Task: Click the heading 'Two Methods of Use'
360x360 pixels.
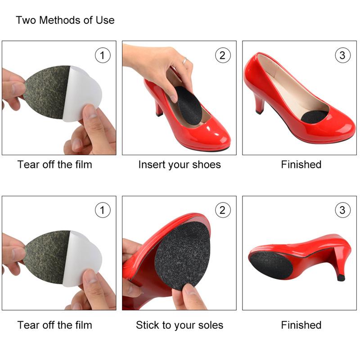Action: pyautogui.click(x=65, y=20)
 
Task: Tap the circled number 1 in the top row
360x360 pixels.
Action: pyautogui.click(x=103, y=55)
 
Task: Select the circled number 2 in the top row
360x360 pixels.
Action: pyautogui.click(x=222, y=55)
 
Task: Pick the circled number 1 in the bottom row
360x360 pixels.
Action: pyautogui.click(x=103, y=210)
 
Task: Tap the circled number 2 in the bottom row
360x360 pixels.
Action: pyautogui.click(x=222, y=210)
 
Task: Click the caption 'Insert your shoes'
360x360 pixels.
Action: pyautogui.click(x=180, y=165)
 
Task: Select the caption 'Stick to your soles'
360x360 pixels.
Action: pyautogui.click(x=180, y=325)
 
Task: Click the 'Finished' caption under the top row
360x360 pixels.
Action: pyautogui.click(x=301, y=165)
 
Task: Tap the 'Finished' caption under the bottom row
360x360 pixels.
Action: pyautogui.click(x=301, y=325)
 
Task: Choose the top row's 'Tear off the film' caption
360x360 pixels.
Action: pyautogui.click(x=55, y=165)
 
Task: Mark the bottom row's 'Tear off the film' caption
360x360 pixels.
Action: pyautogui.click(x=55, y=325)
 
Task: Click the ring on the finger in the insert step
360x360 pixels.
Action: pyautogui.click(x=184, y=60)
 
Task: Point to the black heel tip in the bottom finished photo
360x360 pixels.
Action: pyautogui.click(x=341, y=278)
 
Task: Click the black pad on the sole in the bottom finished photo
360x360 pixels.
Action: pyautogui.click(x=272, y=265)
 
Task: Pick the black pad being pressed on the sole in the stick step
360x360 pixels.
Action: pyautogui.click(x=183, y=254)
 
